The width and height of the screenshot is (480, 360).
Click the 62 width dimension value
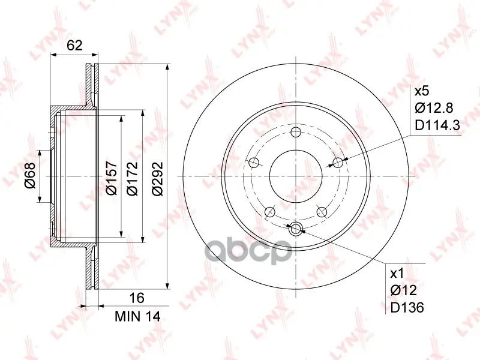coord(75,46)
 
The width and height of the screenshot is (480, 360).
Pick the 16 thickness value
coord(137,298)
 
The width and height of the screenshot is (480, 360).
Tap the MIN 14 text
coord(137,317)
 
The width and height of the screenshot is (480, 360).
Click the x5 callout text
coord(422,91)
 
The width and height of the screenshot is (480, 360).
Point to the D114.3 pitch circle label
coord(437,125)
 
